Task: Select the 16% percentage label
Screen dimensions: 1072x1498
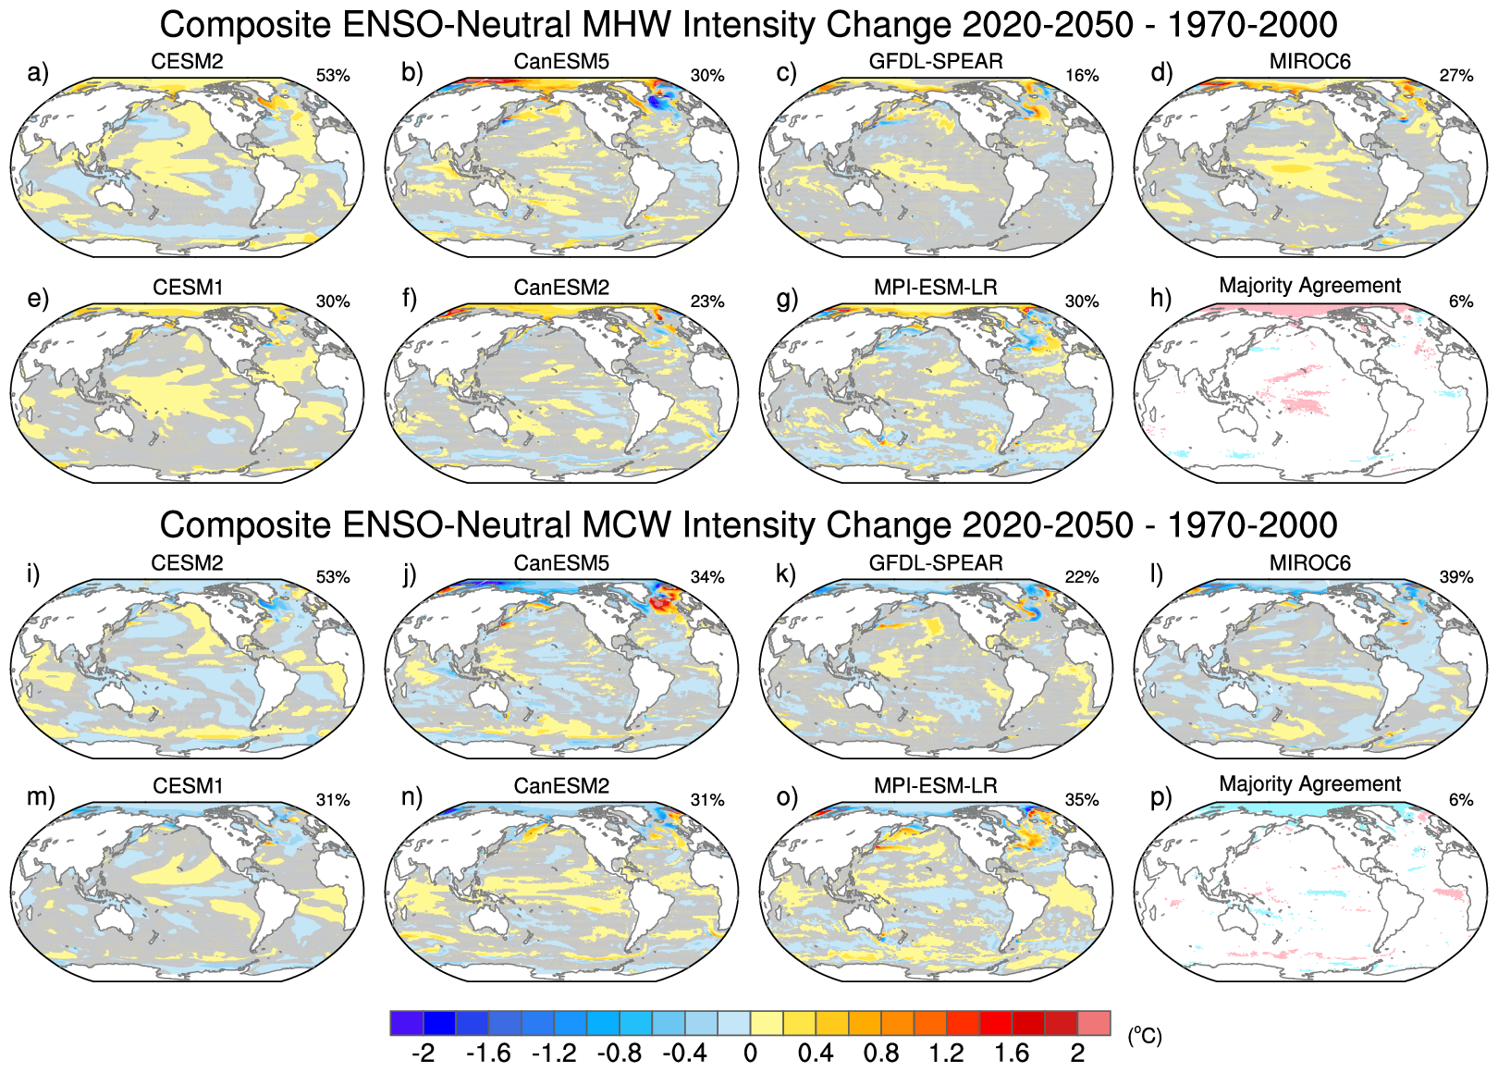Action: coord(1082,76)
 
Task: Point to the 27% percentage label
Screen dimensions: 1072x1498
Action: coord(1456,76)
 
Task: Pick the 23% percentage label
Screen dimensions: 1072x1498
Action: coord(707,302)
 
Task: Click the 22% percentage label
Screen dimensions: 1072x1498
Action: coord(1082,577)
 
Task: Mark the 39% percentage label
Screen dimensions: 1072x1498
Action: coord(1456,577)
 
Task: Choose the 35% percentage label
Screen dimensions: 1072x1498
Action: coord(1082,800)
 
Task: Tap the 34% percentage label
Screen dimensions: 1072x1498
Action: coord(707,577)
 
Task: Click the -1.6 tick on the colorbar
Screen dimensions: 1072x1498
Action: coord(488,1054)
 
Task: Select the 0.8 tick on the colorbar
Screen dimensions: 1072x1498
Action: coord(881,1054)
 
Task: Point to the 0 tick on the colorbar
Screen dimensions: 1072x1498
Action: coord(750,1054)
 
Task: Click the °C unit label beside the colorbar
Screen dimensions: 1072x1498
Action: coord(1144,1036)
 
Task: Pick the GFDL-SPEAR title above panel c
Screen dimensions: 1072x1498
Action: coord(936,62)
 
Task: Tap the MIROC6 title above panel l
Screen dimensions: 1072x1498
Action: coord(1310,563)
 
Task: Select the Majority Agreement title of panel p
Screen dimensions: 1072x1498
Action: coord(1310,784)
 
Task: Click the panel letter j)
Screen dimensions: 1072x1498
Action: coord(411,574)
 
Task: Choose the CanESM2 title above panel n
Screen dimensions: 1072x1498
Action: coord(561,786)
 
